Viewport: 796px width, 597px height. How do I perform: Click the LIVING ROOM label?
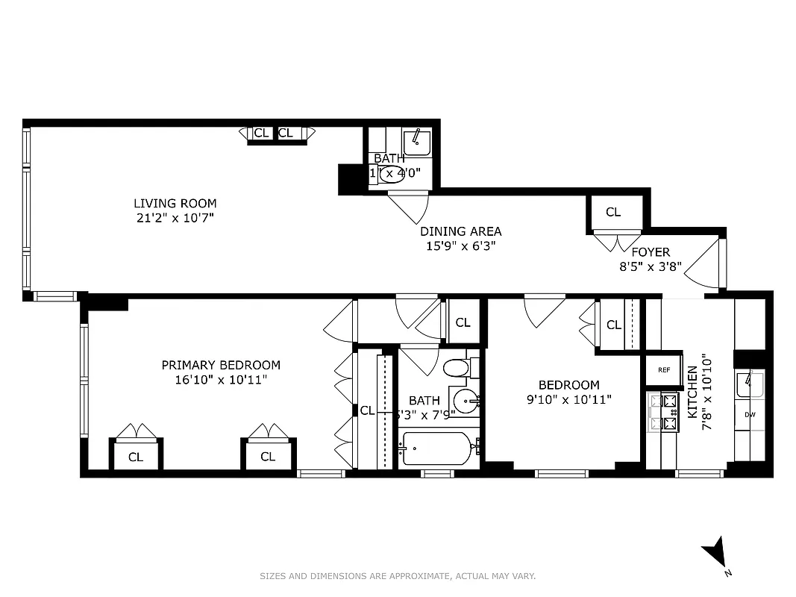[x=175, y=203]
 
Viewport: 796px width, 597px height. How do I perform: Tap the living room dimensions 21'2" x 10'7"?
[x=175, y=218]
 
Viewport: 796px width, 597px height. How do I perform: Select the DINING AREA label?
[x=460, y=231]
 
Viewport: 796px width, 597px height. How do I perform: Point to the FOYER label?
[x=651, y=252]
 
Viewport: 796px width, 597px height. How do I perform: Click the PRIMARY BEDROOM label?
[x=221, y=365]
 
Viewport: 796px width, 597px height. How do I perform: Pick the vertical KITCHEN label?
[x=692, y=391]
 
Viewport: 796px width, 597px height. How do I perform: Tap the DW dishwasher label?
[x=749, y=414]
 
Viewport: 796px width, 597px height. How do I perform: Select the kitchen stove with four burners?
[x=662, y=412]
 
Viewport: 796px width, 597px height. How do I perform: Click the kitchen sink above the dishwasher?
[x=749, y=386]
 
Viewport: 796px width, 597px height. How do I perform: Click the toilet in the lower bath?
[x=456, y=368]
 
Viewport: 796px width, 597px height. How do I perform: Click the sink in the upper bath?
[x=416, y=142]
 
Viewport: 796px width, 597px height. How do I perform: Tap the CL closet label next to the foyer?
[x=613, y=212]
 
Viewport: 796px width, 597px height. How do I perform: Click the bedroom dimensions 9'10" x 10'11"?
[x=568, y=400]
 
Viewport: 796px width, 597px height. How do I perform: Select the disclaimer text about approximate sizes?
[x=398, y=576]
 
